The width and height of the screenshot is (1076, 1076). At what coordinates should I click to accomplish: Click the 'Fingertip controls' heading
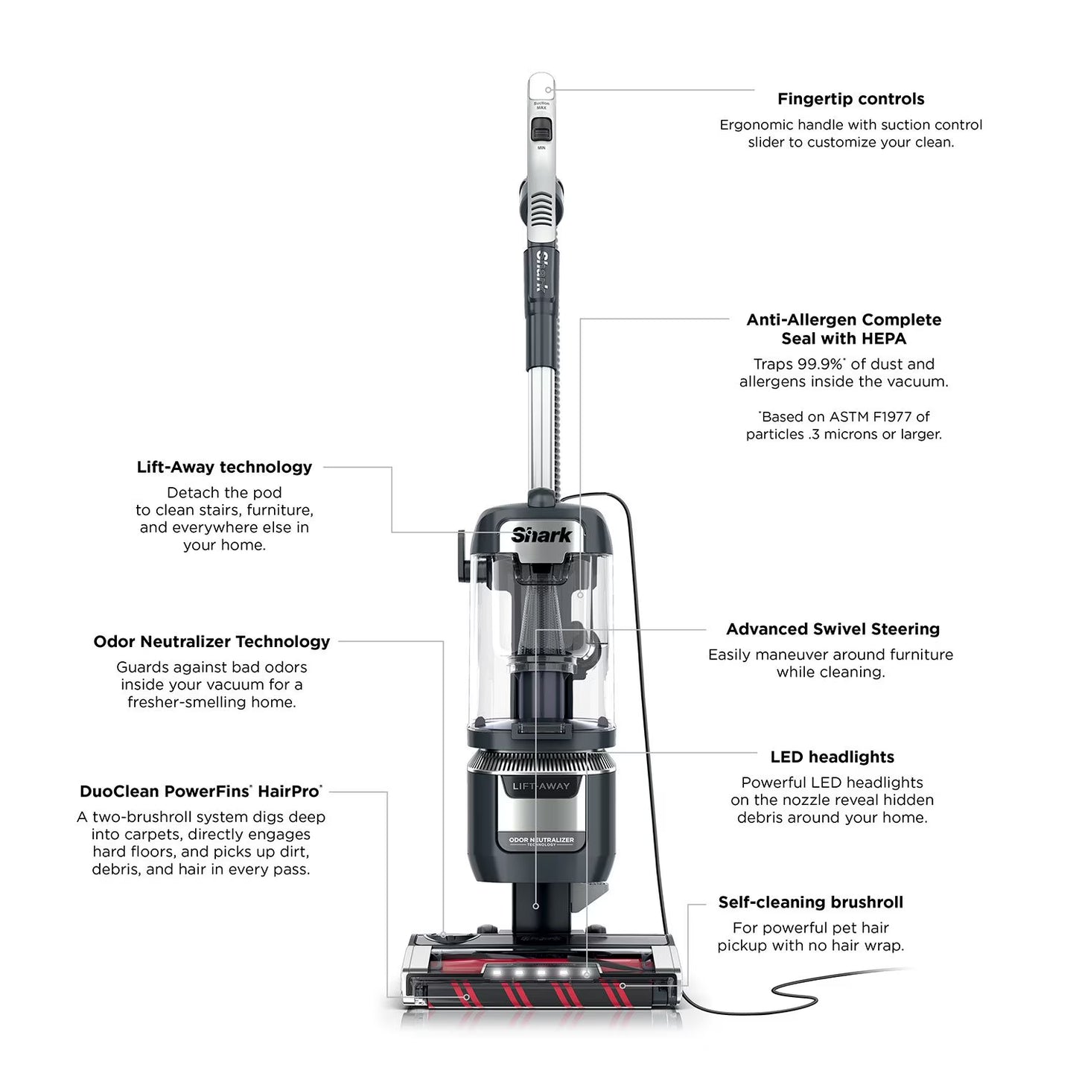click(x=850, y=99)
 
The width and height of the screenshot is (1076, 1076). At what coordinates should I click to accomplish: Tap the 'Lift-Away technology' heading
click(x=224, y=467)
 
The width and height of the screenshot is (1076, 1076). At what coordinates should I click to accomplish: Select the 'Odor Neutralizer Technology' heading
click(x=211, y=641)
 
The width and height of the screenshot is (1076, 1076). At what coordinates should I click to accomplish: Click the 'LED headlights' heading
click(x=832, y=757)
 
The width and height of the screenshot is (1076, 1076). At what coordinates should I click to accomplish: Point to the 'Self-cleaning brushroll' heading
click(x=810, y=902)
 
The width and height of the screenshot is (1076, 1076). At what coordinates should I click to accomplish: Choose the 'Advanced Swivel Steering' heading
click(x=833, y=629)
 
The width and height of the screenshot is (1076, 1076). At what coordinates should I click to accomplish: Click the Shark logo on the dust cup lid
click(x=541, y=535)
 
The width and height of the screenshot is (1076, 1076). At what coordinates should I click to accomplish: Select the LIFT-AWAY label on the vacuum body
click(x=541, y=786)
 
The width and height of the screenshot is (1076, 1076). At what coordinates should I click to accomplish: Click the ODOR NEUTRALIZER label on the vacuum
click(x=541, y=840)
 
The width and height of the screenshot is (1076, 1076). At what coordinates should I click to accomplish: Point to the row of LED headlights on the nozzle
click(x=541, y=972)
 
